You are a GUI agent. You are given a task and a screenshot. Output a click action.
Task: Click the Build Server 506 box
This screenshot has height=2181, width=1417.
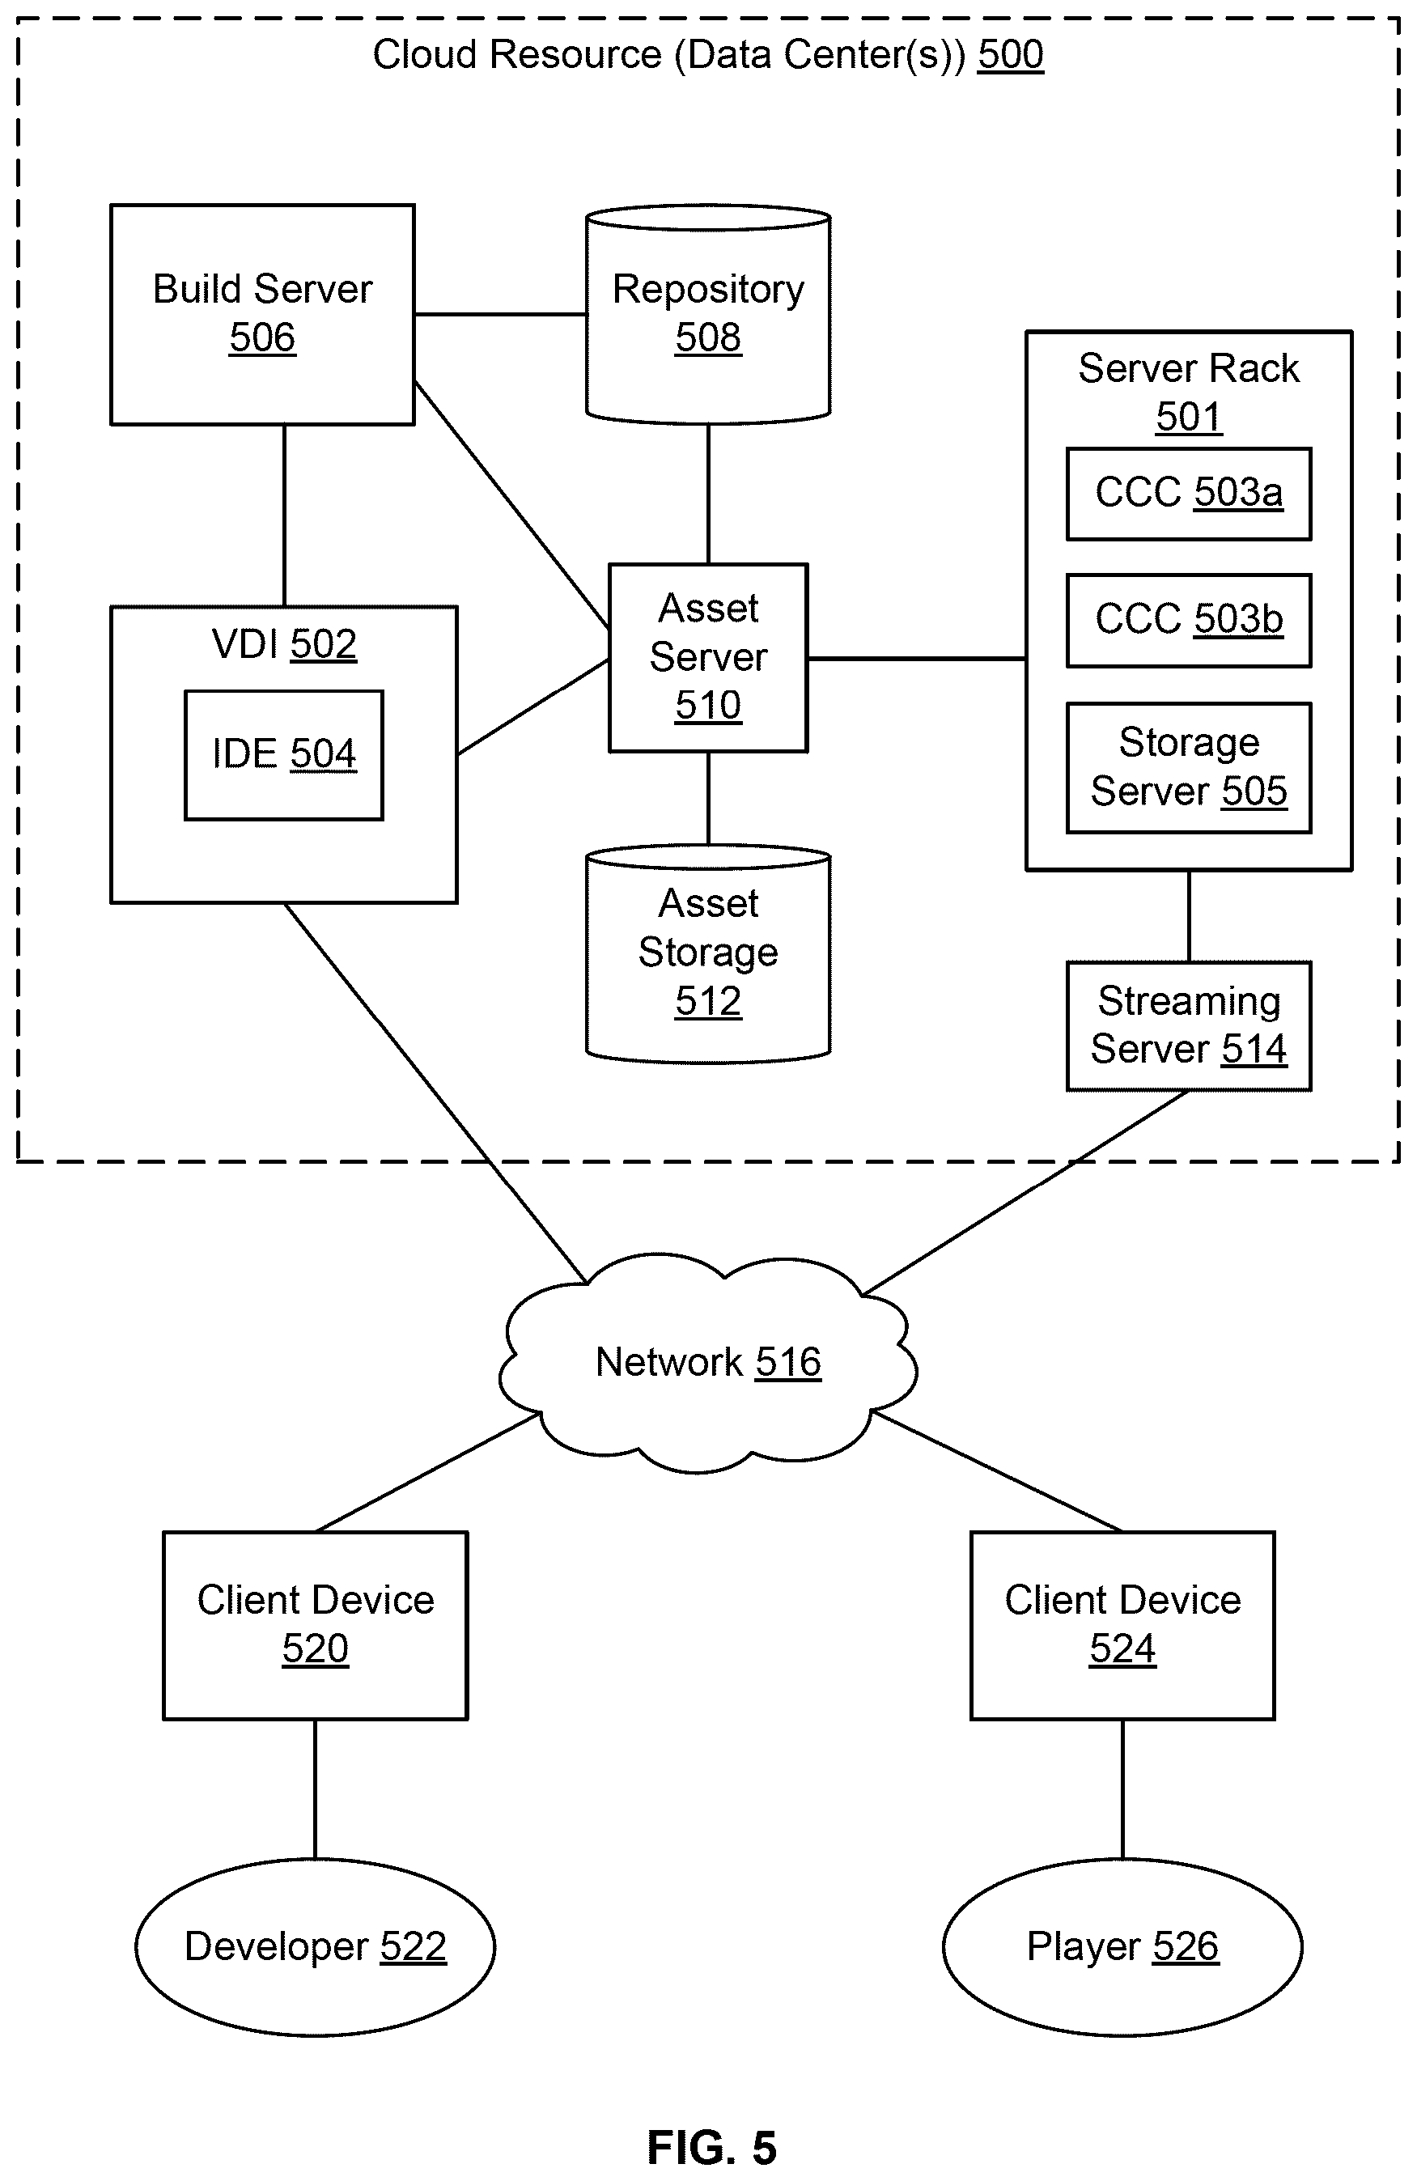[x=262, y=314]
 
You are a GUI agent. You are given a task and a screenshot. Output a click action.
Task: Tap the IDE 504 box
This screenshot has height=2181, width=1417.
[x=284, y=755]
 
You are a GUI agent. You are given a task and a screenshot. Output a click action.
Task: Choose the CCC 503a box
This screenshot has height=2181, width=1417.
[x=1189, y=494]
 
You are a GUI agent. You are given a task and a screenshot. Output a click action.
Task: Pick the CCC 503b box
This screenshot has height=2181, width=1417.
[x=1189, y=621]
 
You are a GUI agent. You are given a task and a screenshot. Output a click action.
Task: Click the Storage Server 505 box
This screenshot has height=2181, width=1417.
[x=1189, y=768]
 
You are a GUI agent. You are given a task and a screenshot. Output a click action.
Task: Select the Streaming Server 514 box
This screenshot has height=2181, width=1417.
[x=1189, y=1026]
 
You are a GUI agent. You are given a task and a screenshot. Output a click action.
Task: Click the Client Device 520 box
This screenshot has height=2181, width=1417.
[x=316, y=1625]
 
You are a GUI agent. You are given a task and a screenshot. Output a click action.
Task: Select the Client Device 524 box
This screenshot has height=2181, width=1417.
[x=1122, y=1625]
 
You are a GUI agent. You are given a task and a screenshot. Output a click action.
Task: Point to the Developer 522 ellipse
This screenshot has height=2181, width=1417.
[x=316, y=1946]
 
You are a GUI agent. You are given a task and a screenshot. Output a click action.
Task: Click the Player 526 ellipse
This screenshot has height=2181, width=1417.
[x=1122, y=1946]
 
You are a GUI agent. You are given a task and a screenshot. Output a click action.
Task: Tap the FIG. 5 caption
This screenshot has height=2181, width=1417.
[x=712, y=2147]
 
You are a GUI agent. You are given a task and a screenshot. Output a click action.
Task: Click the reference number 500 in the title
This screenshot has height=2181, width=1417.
[x=1010, y=54]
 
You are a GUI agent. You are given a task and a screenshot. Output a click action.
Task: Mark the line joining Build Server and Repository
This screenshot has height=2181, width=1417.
[x=500, y=314]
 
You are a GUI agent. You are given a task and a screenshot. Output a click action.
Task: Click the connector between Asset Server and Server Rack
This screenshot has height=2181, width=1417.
[x=917, y=658]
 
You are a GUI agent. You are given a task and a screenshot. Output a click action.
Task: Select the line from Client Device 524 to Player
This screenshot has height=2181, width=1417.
[x=1122, y=1789]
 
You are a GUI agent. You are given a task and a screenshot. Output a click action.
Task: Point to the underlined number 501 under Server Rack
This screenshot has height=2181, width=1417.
[x=1189, y=417]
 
